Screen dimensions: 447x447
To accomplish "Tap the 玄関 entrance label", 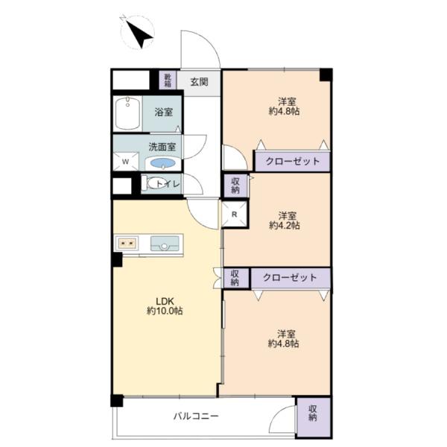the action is (x=199, y=82).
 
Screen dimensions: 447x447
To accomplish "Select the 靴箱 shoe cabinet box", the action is (x=168, y=80).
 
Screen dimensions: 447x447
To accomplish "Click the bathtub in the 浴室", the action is (x=127, y=114).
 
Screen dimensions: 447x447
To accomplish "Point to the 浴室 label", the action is (x=164, y=112).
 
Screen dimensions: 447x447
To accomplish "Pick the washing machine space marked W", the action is (x=126, y=162).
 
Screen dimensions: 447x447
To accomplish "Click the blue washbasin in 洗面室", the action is (x=162, y=163).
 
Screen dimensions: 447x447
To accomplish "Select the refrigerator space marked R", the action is (x=235, y=215).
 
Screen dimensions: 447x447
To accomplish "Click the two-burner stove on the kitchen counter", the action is (x=127, y=243).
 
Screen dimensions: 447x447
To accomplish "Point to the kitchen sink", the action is (x=164, y=244).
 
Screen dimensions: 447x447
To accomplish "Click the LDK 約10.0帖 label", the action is (x=165, y=306).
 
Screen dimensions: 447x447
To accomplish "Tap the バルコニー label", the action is (x=196, y=416).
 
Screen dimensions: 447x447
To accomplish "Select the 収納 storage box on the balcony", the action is (x=314, y=417).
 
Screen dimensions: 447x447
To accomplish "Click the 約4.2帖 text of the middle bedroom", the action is (x=285, y=226).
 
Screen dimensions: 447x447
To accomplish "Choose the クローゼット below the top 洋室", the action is (x=293, y=162).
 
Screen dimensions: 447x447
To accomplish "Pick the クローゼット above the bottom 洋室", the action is (x=291, y=278).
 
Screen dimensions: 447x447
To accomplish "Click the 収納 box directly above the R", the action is (x=235, y=186).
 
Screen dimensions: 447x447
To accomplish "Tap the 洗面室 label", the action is (x=162, y=147).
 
